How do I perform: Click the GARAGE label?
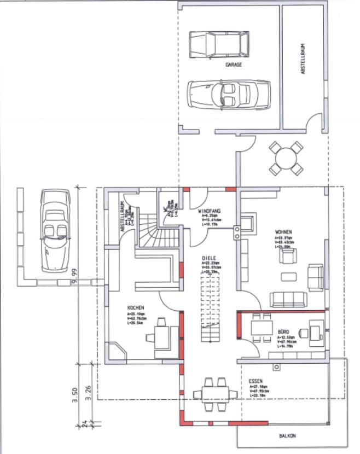point(234,64)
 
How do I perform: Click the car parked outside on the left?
point(55,229)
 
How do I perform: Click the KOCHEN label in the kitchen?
point(136,308)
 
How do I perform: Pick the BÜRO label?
point(283,332)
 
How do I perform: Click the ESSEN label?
point(256,380)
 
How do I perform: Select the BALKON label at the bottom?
point(287,436)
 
